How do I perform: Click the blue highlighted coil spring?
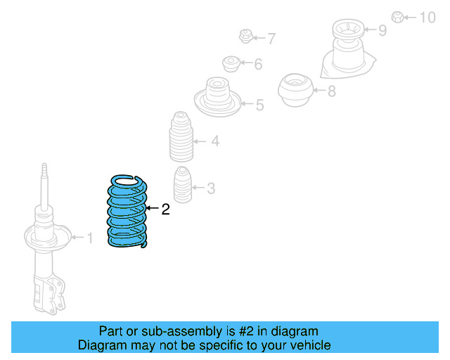point(127,212)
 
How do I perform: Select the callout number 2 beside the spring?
point(165,209)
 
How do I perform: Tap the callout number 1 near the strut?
point(89,238)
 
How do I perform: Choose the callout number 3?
point(211,188)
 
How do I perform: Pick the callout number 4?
point(215,141)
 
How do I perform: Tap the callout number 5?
point(259,105)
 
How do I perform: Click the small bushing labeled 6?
point(231,64)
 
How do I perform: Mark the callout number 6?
point(258,65)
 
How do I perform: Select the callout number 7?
point(271,39)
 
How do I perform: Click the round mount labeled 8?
point(295,89)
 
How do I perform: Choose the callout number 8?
point(332,90)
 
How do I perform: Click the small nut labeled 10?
point(397,17)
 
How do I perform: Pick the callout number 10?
point(427,18)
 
